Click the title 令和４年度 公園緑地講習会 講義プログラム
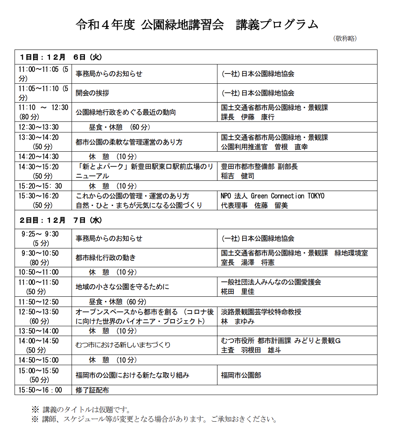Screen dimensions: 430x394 [197, 24]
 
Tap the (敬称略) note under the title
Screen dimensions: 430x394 [345, 39]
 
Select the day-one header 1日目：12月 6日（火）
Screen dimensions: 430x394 [61, 57]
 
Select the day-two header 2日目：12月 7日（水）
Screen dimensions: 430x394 [61, 221]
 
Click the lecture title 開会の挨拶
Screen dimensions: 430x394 [92, 93]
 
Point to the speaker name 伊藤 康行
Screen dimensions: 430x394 [258, 117]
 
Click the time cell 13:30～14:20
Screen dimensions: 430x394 [39, 137]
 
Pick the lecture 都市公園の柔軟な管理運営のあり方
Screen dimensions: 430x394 [129, 142]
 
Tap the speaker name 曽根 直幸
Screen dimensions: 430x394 [291, 147]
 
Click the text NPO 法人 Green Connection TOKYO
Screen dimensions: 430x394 [272, 196]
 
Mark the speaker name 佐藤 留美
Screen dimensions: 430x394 [271, 205]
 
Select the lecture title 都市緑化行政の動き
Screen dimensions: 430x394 [106, 258]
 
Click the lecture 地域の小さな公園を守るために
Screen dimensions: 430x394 [122, 287]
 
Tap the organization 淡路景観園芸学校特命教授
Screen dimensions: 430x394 [261, 312]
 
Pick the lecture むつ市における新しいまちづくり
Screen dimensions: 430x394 [123, 345]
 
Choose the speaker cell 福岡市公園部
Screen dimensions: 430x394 [241, 375]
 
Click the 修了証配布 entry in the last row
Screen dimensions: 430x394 [92, 390]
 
